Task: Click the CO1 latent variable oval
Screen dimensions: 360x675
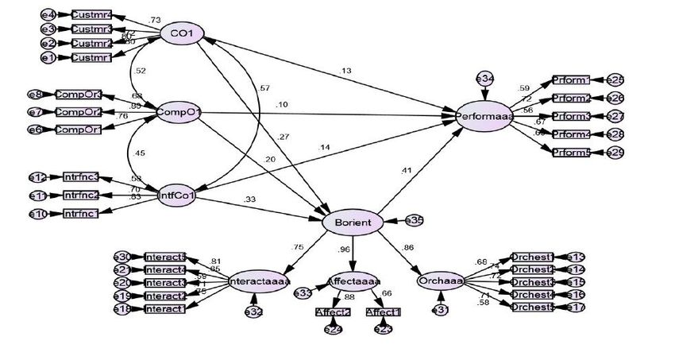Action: tap(182, 33)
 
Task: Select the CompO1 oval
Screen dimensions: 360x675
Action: tap(178, 111)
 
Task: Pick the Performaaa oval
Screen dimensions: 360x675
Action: tap(484, 116)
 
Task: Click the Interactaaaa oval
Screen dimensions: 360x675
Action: tap(259, 281)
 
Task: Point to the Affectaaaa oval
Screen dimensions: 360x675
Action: tap(354, 281)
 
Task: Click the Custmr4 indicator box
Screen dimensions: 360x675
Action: tap(92, 15)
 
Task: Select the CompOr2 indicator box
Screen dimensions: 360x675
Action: tap(78, 112)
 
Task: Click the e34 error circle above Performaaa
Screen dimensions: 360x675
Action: tap(484, 79)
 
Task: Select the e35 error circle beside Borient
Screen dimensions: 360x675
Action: tap(414, 220)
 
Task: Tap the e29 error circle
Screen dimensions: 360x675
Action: tap(615, 152)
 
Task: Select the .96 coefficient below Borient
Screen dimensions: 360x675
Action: tap(345, 250)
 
